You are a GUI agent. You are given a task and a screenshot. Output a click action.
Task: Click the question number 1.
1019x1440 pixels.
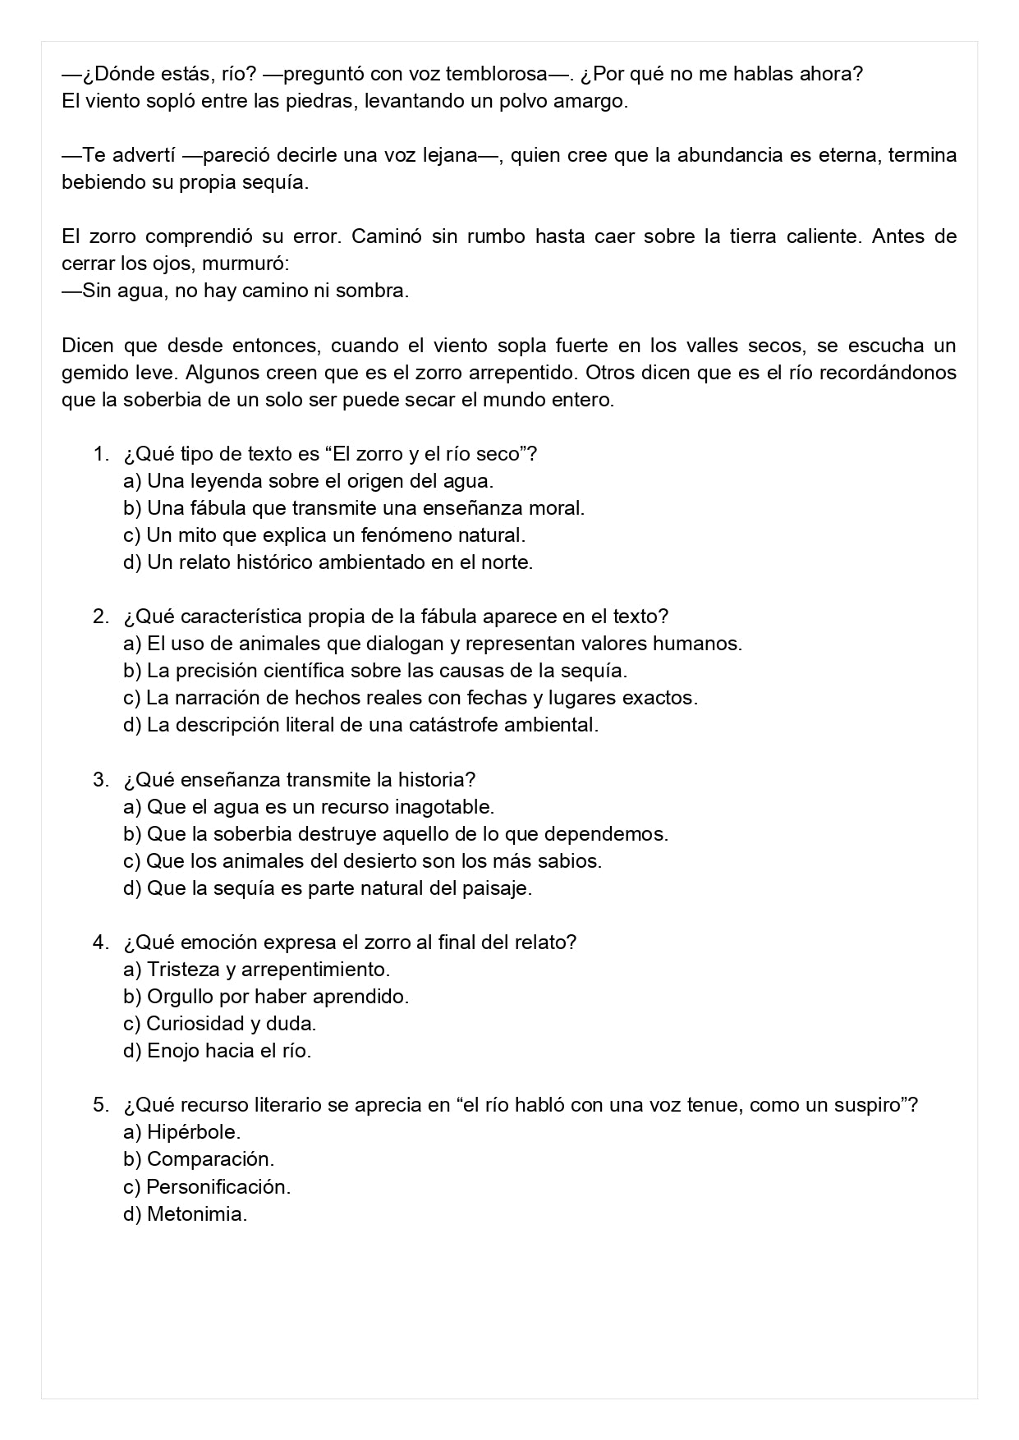99,454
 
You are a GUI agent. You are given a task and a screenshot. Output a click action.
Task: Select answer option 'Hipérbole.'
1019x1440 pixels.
181,1132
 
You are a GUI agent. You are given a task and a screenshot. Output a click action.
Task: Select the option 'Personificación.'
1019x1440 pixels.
207,1186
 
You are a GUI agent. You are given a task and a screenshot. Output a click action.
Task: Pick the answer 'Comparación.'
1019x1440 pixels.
199,1159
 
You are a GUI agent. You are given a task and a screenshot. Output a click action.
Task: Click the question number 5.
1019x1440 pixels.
99,1105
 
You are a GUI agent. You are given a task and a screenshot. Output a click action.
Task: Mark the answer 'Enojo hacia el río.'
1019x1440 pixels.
217,1051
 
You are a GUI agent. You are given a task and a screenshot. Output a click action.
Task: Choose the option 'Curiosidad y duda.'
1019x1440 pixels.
219,1024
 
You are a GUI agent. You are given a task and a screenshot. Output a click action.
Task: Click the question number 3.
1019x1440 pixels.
99,780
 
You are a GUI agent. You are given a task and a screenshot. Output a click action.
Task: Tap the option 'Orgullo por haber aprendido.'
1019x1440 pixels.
266,997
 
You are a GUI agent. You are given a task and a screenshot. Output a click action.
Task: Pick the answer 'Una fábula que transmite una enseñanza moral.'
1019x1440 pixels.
354,508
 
